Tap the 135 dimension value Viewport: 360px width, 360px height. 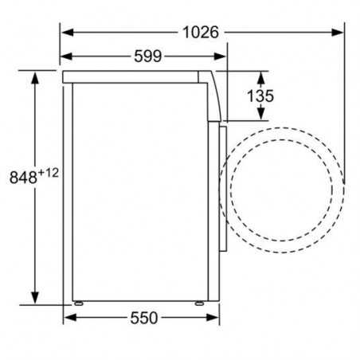(260, 96)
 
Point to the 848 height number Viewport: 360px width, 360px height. (21, 178)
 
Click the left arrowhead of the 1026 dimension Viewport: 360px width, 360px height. (68, 33)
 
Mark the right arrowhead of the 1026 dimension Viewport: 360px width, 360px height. (340, 33)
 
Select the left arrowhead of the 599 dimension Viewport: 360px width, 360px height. (68, 56)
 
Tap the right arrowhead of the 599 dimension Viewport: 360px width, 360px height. (224, 56)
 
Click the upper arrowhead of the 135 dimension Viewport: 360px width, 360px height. (260, 75)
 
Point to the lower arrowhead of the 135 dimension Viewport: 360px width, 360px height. (260, 119)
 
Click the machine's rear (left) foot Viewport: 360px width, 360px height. (79, 303)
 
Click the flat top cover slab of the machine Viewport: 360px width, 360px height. (135, 75)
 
